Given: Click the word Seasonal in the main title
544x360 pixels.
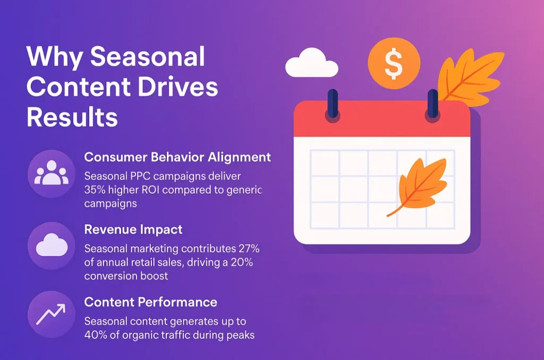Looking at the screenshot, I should tap(148, 57).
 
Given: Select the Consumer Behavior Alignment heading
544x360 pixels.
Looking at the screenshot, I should tap(177, 157).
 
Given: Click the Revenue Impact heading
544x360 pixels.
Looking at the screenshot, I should tap(133, 229).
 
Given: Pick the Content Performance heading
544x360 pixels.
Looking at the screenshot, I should tap(150, 302).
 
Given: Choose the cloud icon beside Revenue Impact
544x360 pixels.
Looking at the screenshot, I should tap(52, 246).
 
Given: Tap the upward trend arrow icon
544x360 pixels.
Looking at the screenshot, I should tap(51, 314).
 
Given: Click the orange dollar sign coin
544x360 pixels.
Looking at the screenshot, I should tap(394, 63).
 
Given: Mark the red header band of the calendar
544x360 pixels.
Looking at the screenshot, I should tap(382, 120).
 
